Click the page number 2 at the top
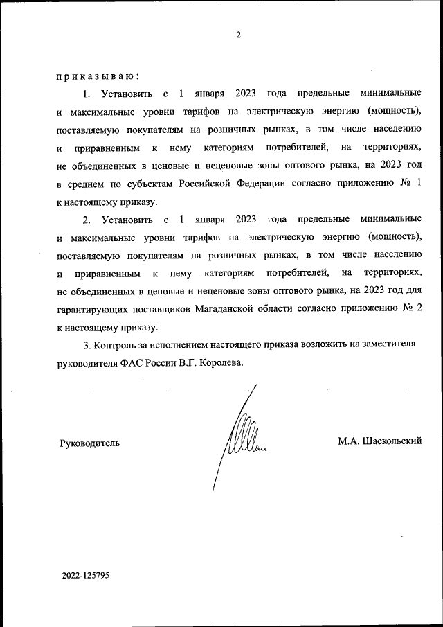coord(238,35)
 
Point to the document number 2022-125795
coord(85,575)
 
